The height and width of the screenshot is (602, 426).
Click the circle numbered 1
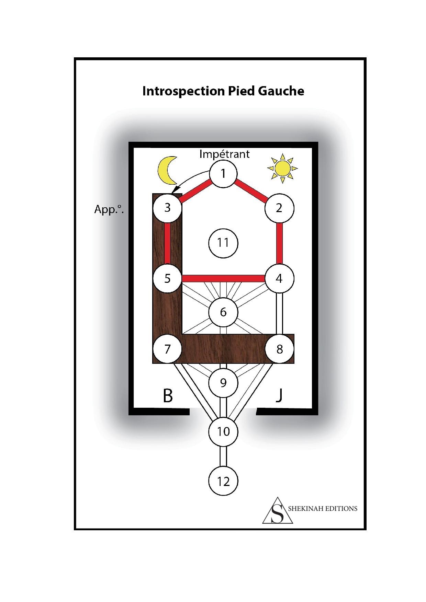(223, 173)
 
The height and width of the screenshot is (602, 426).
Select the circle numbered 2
(279, 208)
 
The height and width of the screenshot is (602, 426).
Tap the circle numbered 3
(167, 208)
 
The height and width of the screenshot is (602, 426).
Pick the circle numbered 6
(223, 312)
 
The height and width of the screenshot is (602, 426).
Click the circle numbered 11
(223, 243)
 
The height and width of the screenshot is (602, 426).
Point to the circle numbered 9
(223, 382)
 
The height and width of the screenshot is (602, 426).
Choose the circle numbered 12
(223, 481)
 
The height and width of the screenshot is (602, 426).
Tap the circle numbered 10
(223, 431)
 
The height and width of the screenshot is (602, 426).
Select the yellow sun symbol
(282, 167)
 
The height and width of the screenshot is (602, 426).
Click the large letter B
(168, 396)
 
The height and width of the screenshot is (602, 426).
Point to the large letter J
(279, 396)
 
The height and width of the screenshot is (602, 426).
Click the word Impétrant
(224, 154)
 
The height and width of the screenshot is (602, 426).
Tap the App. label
(109, 209)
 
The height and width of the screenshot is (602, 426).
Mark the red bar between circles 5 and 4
(223, 278)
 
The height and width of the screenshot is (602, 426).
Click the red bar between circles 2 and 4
(280, 243)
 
